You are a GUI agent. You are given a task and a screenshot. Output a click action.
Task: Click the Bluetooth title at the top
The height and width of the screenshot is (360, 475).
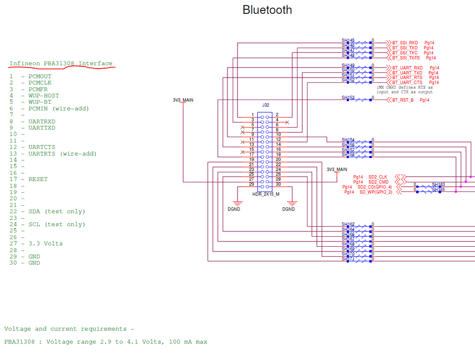click(x=267, y=10)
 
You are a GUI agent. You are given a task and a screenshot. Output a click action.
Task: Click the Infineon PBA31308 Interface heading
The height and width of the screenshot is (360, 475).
click(x=61, y=64)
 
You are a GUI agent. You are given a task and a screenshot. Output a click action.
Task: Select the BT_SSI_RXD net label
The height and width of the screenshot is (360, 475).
click(x=405, y=43)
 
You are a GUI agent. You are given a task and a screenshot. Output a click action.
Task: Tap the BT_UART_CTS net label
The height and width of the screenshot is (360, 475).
click(x=407, y=83)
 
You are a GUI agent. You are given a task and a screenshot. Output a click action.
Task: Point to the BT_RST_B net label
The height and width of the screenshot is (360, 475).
click(x=403, y=100)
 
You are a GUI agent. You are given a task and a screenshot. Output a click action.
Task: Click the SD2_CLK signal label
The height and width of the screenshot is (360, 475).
click(x=378, y=177)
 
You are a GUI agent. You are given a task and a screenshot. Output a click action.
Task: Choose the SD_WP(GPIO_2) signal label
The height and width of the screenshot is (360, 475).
click(x=376, y=192)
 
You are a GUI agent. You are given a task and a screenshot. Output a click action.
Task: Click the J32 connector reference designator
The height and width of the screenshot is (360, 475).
click(x=265, y=105)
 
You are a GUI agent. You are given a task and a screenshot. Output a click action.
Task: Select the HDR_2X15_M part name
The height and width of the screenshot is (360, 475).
click(x=266, y=194)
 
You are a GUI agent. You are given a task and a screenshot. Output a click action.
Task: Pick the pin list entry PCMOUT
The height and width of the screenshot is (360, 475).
click(x=40, y=77)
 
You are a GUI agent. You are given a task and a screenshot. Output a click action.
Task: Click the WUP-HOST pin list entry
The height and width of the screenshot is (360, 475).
click(x=43, y=96)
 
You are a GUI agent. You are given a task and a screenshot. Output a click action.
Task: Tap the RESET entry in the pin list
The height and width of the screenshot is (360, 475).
click(x=38, y=180)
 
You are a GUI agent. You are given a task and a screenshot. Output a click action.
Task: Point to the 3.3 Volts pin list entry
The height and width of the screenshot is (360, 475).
click(x=45, y=244)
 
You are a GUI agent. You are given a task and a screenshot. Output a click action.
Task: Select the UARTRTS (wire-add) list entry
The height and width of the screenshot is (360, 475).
click(x=62, y=154)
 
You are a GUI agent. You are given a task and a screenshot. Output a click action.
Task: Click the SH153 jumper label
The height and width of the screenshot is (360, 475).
click(x=348, y=98)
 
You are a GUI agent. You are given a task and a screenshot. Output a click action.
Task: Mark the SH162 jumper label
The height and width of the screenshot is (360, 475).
click(x=348, y=224)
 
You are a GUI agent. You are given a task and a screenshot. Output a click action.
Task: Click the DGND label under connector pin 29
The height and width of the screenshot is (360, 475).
click(x=234, y=209)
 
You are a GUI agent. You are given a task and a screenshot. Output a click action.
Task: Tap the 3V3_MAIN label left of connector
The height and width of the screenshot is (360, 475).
click(x=183, y=100)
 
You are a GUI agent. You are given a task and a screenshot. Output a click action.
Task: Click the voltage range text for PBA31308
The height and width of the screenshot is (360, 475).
click(x=106, y=342)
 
